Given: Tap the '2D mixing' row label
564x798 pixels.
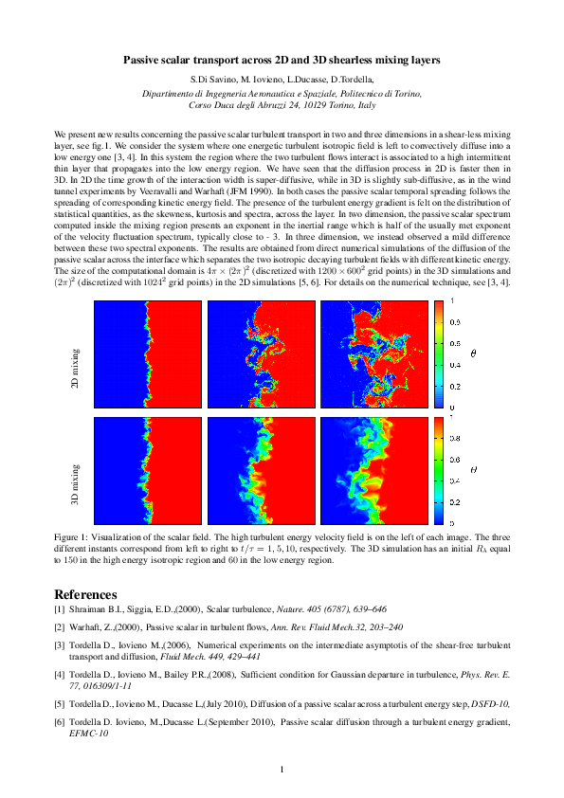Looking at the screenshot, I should pos(75,353).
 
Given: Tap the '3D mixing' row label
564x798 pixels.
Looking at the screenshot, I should pos(75,471).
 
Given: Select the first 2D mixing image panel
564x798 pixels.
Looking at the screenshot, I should pos(147,354).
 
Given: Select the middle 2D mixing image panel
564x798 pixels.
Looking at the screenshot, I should pos(261,354).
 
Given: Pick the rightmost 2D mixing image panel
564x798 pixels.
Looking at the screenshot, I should pos(374,354).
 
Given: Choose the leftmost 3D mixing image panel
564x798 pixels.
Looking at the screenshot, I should pos(147,471).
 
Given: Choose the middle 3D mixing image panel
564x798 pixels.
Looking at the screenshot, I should pos(261,471).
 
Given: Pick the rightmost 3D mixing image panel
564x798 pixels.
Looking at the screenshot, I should pos(374,471).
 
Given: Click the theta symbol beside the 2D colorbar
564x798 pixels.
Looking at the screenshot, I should pos(473,354).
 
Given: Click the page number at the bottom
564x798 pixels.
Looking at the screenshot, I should pos(282,769).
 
